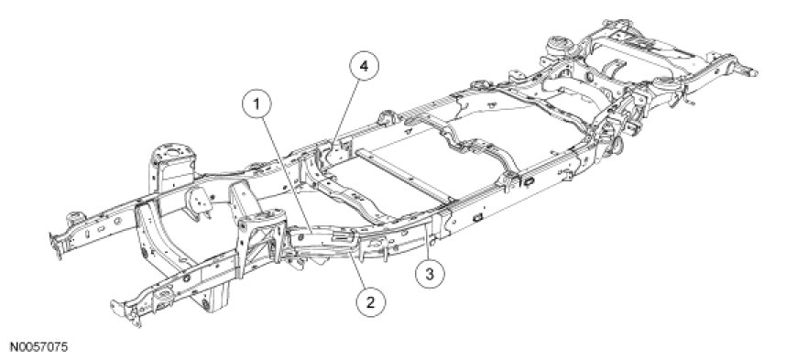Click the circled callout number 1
[257, 104]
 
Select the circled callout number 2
[370, 302]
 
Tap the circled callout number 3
[430, 275]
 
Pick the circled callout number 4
[364, 66]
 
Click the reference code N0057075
[34, 348]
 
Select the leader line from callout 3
[428, 241]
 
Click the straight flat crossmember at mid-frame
[404, 174]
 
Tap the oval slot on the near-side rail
[529, 180]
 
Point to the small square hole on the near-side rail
[478, 218]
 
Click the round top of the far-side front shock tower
[173, 152]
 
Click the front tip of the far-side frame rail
[57, 245]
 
